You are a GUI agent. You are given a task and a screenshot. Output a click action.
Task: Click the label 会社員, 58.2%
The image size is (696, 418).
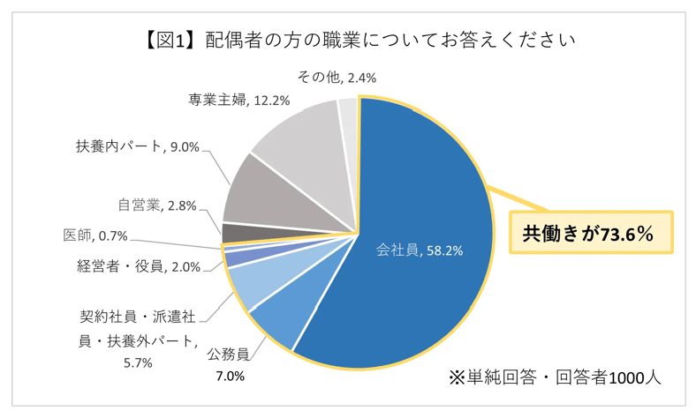click(420, 250)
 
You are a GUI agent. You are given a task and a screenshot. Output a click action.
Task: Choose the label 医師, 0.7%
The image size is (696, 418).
click(98, 235)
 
